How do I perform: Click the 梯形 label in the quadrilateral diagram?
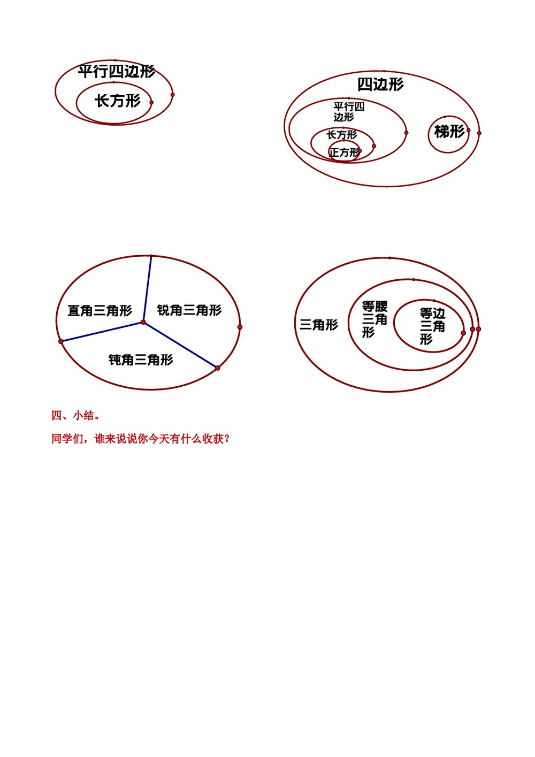pyautogui.click(x=449, y=132)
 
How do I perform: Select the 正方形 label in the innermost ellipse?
pyautogui.click(x=344, y=153)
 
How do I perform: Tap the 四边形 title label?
pyautogui.click(x=380, y=85)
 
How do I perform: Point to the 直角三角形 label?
pyautogui.click(x=100, y=311)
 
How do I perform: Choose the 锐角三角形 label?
pyautogui.click(x=189, y=310)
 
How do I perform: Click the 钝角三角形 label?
pyautogui.click(x=141, y=360)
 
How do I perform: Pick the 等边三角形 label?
pyautogui.click(x=431, y=326)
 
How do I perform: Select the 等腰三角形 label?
pyautogui.click(x=374, y=319)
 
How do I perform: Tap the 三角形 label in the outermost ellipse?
pyautogui.click(x=319, y=325)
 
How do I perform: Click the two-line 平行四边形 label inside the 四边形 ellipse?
pyautogui.click(x=348, y=112)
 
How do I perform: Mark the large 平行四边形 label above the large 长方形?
pyautogui.click(x=116, y=72)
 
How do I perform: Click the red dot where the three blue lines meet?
pyautogui.click(x=143, y=322)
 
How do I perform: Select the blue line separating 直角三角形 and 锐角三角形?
pyautogui.click(x=148, y=289)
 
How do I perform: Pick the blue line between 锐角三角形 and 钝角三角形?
pyautogui.click(x=180, y=345)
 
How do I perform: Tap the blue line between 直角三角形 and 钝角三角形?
pyautogui.click(x=102, y=332)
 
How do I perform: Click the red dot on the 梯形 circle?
pyautogui.click(x=468, y=130)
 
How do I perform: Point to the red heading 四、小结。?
pyautogui.click(x=75, y=416)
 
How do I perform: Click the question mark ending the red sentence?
pyautogui.click(x=227, y=439)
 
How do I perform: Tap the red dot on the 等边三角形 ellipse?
pyautogui.click(x=463, y=333)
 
